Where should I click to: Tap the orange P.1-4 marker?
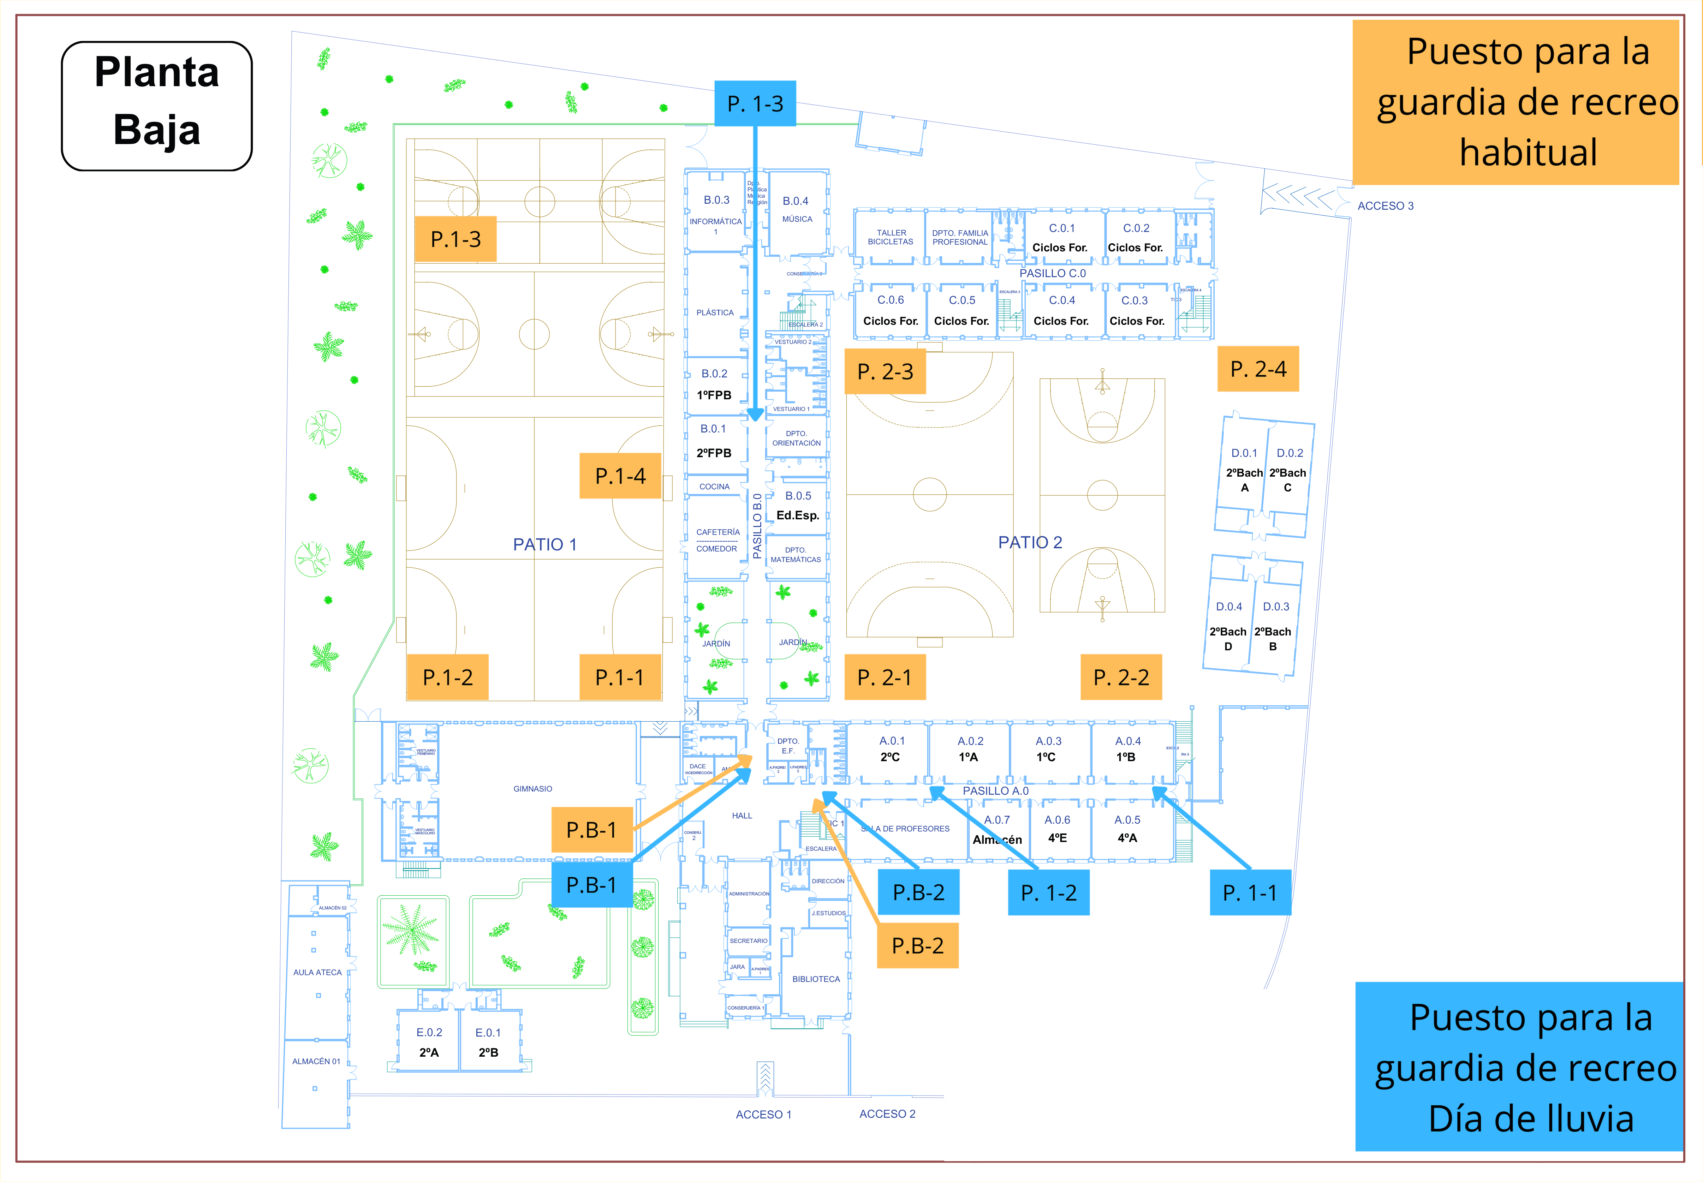pyautogui.click(x=620, y=476)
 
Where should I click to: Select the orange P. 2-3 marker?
pyautogui.click(x=885, y=371)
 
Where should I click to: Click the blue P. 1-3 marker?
pyautogui.click(x=755, y=104)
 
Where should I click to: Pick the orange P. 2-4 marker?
pyautogui.click(x=1258, y=369)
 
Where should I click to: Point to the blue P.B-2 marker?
pyautogui.click(x=918, y=893)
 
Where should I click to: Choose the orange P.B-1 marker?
pyautogui.click(x=591, y=829)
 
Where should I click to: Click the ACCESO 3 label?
pyautogui.click(x=1385, y=206)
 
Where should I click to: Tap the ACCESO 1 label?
pyautogui.click(x=763, y=1115)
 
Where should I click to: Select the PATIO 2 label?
pyautogui.click(x=1030, y=542)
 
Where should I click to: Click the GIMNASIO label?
pyautogui.click(x=532, y=789)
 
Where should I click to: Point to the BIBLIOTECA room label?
pyautogui.click(x=816, y=979)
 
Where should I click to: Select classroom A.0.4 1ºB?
pyautogui.click(x=1127, y=750)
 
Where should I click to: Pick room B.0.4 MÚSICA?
pyautogui.click(x=796, y=210)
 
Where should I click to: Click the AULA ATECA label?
pyautogui.click(x=317, y=972)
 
